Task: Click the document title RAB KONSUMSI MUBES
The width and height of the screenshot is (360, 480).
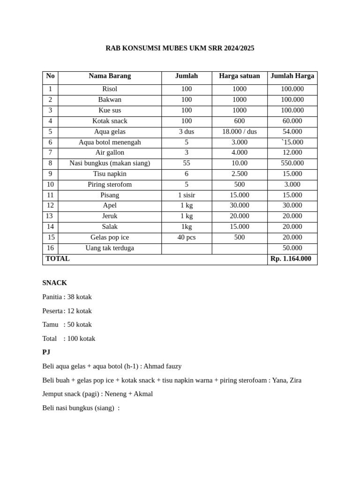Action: [x=180, y=48]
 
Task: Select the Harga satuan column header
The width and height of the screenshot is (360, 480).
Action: [x=239, y=76]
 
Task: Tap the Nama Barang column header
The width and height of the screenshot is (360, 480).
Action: [x=110, y=76]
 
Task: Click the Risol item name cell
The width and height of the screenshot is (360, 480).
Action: [x=110, y=89]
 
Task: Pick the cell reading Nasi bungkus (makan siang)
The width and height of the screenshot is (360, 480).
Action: [x=110, y=163]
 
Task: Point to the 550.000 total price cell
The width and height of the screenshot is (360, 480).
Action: [x=292, y=163]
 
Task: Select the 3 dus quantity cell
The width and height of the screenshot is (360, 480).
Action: [x=187, y=132]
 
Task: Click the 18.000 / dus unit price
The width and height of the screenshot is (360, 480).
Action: [x=239, y=132]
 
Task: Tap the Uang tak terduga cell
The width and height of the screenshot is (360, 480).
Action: [x=110, y=248]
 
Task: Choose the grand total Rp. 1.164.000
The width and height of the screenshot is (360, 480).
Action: [x=291, y=259]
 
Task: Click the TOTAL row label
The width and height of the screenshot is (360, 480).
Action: [x=58, y=259]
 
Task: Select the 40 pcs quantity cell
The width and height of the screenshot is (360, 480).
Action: [x=187, y=237]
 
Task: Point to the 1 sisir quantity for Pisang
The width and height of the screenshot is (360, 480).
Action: [x=187, y=195]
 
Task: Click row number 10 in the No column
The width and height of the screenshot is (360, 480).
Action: [x=50, y=185]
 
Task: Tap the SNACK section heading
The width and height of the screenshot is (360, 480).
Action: [x=54, y=283]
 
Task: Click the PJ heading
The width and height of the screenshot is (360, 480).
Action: [x=46, y=352]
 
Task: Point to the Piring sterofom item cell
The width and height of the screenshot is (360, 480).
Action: [x=110, y=185]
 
